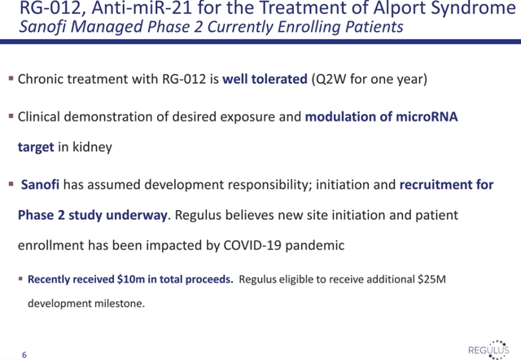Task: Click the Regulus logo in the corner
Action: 488,349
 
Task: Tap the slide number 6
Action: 24,355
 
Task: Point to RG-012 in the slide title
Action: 50,8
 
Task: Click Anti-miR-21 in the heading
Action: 142,8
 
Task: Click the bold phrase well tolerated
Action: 265,79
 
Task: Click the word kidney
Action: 92,147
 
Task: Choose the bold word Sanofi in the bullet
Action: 40,185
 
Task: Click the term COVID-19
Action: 252,245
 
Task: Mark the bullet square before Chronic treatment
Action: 11,78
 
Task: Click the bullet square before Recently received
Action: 21,279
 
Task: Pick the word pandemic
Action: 315,246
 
